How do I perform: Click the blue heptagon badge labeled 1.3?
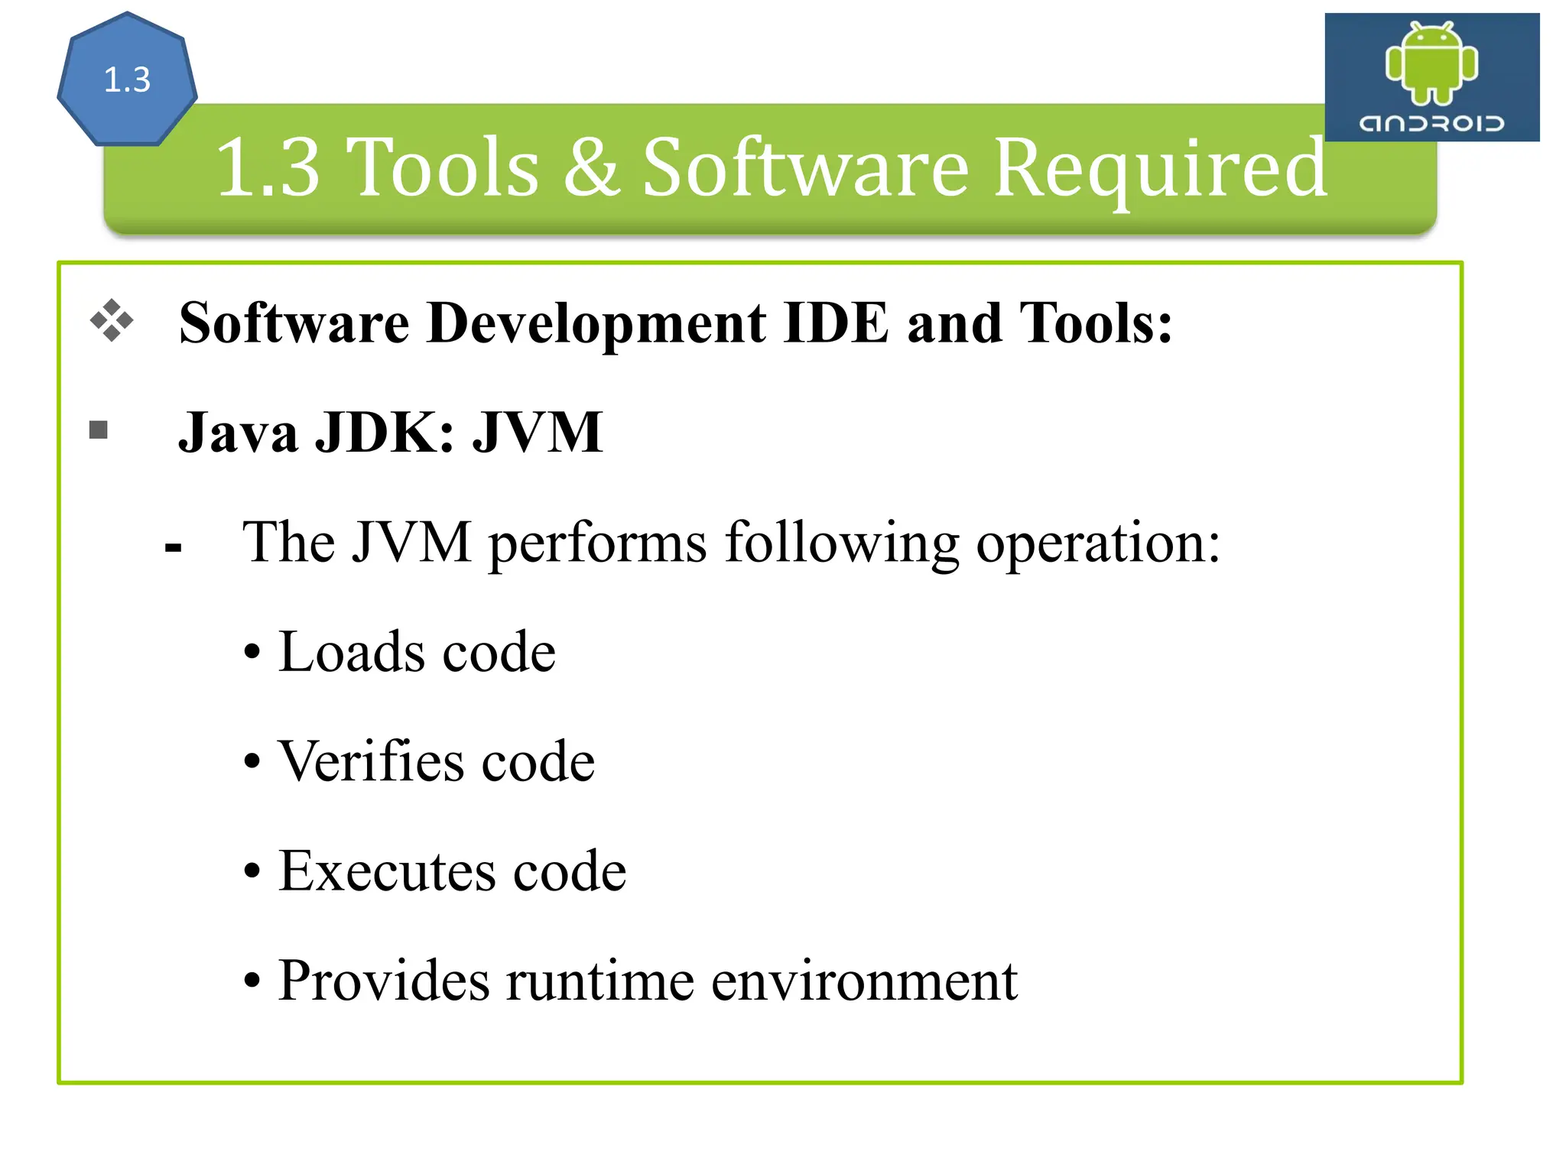(127, 79)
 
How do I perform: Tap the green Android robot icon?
(1431, 63)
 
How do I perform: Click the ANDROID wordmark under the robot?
(1431, 123)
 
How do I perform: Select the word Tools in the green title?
(443, 167)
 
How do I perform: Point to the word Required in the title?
(1160, 167)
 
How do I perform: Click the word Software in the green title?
(805, 167)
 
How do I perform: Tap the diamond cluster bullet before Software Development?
(112, 320)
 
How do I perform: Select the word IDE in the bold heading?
(837, 323)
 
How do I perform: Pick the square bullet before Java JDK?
(99, 430)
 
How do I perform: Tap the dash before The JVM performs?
(174, 547)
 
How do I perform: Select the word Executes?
(387, 871)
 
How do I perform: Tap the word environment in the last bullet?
(864, 981)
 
